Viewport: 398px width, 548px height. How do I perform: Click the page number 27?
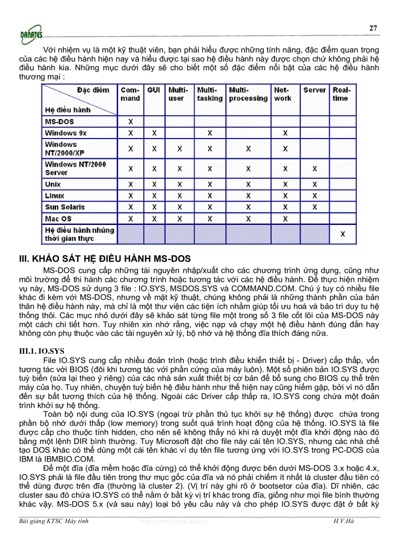click(x=373, y=28)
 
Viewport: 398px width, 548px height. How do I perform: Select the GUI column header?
click(x=153, y=90)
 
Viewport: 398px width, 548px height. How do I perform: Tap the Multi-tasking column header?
click(x=209, y=94)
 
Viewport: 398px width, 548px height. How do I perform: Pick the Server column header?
click(x=314, y=90)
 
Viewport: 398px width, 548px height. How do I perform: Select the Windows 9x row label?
click(x=66, y=133)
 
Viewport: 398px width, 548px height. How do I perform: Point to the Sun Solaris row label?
click(x=65, y=207)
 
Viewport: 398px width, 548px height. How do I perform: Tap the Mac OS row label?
click(x=59, y=219)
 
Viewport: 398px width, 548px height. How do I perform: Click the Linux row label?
click(x=55, y=196)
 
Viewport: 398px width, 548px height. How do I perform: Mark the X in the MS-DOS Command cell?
click(x=130, y=122)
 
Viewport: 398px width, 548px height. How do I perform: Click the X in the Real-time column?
click(x=342, y=234)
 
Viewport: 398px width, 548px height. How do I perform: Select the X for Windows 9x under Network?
click(x=285, y=133)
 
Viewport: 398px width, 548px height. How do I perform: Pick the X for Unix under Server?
click(x=314, y=184)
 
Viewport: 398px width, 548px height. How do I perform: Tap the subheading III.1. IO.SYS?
click(x=37, y=350)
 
